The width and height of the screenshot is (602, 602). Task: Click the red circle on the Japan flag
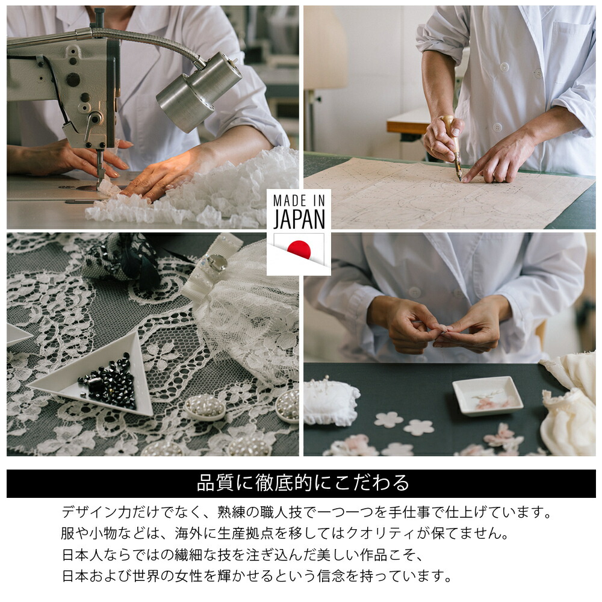tap(299, 249)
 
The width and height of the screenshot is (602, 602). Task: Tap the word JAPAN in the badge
tap(299, 220)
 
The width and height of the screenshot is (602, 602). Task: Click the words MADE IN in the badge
tap(299, 200)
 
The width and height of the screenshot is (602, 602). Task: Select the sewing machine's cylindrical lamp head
tap(199, 92)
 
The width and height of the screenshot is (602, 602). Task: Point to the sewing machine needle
tap(101, 169)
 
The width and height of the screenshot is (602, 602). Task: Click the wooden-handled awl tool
tap(453, 146)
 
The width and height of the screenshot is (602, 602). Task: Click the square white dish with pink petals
tap(488, 396)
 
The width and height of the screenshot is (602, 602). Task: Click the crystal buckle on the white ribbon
tap(216, 263)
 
